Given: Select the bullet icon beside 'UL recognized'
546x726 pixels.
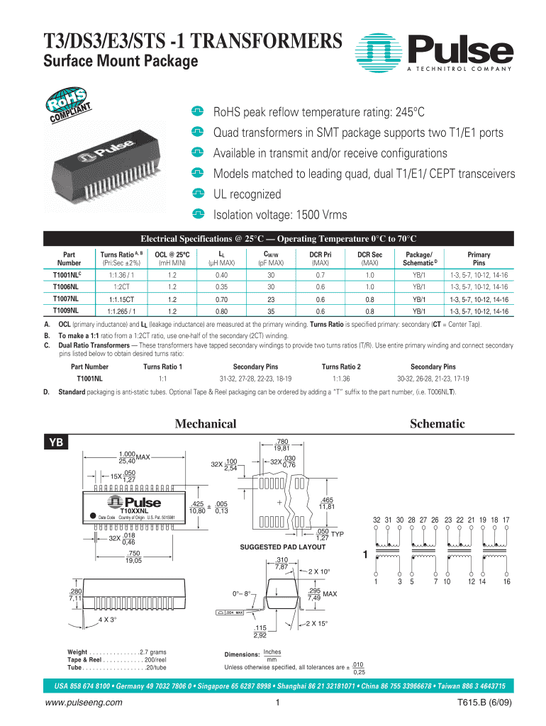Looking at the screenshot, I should (198, 194).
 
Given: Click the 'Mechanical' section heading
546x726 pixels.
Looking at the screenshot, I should (206, 424).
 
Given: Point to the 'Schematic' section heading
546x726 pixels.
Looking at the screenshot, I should (438, 424).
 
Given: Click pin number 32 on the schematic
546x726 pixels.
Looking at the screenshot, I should (377, 520).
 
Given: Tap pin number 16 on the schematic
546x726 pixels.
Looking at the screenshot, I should (507, 582).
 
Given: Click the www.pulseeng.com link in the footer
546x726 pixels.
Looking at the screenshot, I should (83, 703).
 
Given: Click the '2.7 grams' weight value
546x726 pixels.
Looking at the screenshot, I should (153, 651).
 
